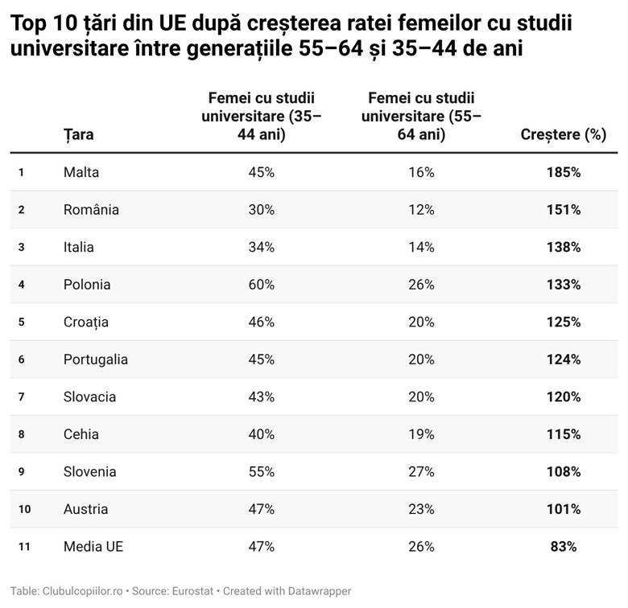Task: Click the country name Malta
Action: (x=81, y=172)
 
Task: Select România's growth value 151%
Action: (x=564, y=210)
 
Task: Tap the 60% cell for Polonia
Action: (x=261, y=285)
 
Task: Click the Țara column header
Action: (x=79, y=134)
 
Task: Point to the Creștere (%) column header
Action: (x=564, y=134)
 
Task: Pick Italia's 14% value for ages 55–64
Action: (x=421, y=247)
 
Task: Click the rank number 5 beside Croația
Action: (x=22, y=322)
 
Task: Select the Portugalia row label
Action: (x=96, y=359)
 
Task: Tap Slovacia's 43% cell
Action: (x=261, y=397)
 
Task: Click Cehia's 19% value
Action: (x=421, y=434)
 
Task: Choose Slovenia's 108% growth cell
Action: (x=564, y=472)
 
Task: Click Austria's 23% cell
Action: (x=421, y=509)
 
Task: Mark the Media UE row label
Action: (x=93, y=547)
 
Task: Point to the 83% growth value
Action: (x=564, y=547)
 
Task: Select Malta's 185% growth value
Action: (x=564, y=172)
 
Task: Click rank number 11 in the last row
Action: (x=24, y=547)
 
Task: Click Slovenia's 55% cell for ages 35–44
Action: (x=261, y=472)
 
